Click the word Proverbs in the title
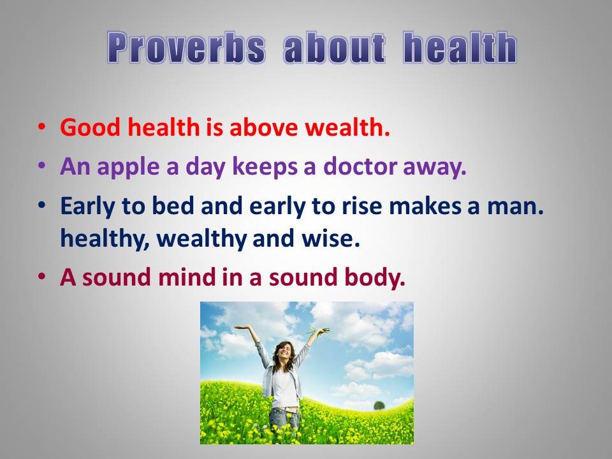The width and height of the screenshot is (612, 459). pos(186,48)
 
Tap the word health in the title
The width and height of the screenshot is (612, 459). pos(460,48)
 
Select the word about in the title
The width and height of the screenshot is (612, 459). pos(335,48)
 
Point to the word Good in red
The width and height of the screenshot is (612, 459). pos(90,127)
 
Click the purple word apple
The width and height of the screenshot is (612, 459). pos(128,167)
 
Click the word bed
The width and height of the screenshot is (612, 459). pos(173,205)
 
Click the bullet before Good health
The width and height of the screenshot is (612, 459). pos(42,127)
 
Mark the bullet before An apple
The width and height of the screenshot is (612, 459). pos(42,166)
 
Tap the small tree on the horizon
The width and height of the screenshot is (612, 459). pos(379,405)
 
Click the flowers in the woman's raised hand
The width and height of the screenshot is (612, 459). pos(317,333)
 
